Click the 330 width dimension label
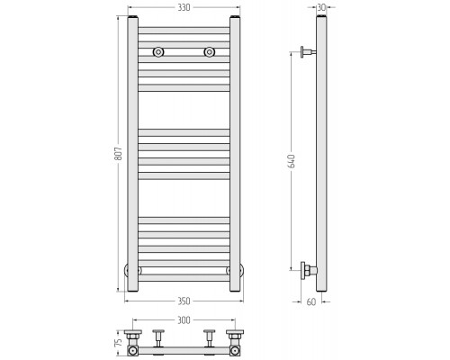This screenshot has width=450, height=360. [184, 7]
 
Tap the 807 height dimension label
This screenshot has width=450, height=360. [119, 153]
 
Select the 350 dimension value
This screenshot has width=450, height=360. [184, 301]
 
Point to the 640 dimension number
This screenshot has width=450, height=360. [292, 161]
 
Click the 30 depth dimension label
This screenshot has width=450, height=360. [321, 7]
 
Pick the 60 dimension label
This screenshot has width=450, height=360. [311, 301]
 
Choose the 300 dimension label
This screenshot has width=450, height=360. [184, 320]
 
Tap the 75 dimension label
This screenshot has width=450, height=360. [119, 342]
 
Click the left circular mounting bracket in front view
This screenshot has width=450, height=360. [158, 52]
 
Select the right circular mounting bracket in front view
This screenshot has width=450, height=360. [210, 52]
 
